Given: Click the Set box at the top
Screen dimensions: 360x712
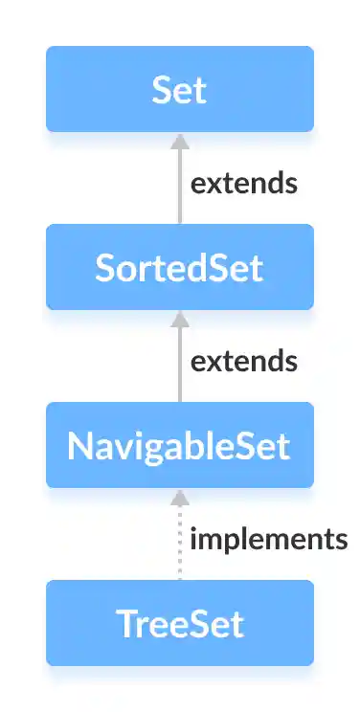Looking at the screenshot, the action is pos(179,89).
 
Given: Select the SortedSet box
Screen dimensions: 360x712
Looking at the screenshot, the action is pos(179,267).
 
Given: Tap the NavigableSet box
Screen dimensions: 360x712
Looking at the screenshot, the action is pos(179,445).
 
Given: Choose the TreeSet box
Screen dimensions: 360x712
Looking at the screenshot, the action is pos(179,623).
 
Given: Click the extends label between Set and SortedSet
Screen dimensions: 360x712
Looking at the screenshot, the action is pos(243,183).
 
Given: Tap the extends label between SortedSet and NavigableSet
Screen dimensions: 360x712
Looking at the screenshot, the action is pos(243,361).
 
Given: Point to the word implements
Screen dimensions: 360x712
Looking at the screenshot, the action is pos(268,539).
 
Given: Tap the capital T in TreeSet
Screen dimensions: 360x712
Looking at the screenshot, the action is pos(124,623).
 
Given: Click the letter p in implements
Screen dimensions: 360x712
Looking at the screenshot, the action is pos(224,541).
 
